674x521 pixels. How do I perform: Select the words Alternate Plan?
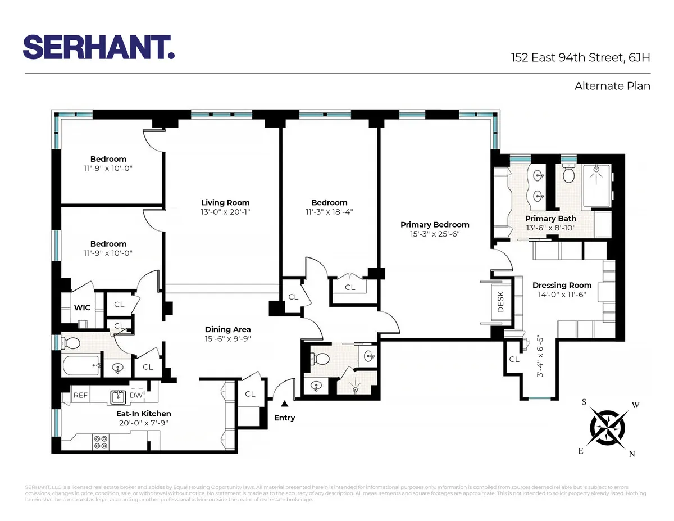coord(612,86)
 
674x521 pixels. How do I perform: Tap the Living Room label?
coord(225,202)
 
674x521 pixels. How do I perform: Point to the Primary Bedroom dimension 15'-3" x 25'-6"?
coord(435,234)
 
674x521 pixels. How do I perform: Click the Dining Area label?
coord(227,329)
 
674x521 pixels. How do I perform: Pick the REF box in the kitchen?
coord(81,395)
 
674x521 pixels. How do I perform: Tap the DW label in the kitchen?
coord(136,395)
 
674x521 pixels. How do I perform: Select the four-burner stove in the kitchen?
coord(101,442)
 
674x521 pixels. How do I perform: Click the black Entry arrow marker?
coord(285,403)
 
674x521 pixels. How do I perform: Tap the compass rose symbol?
coord(609,427)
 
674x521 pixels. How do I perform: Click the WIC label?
coord(83,307)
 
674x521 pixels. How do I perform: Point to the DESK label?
coord(501,302)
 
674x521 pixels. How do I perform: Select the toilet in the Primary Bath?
coord(568,174)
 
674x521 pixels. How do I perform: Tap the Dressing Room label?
coord(562,285)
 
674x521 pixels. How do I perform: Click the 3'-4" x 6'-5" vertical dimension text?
coord(541,356)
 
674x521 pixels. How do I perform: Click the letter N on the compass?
coord(632,454)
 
